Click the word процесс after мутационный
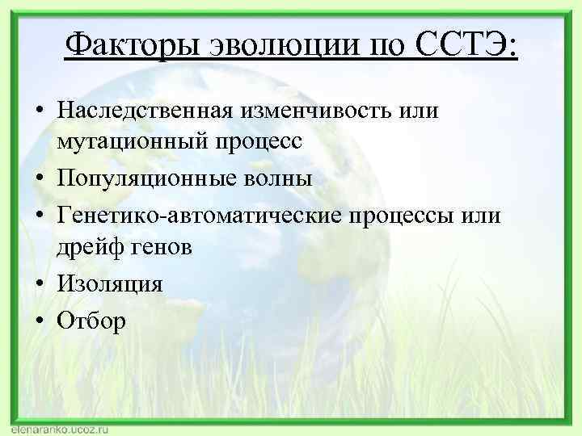[256, 143]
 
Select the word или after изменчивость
[421, 110]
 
